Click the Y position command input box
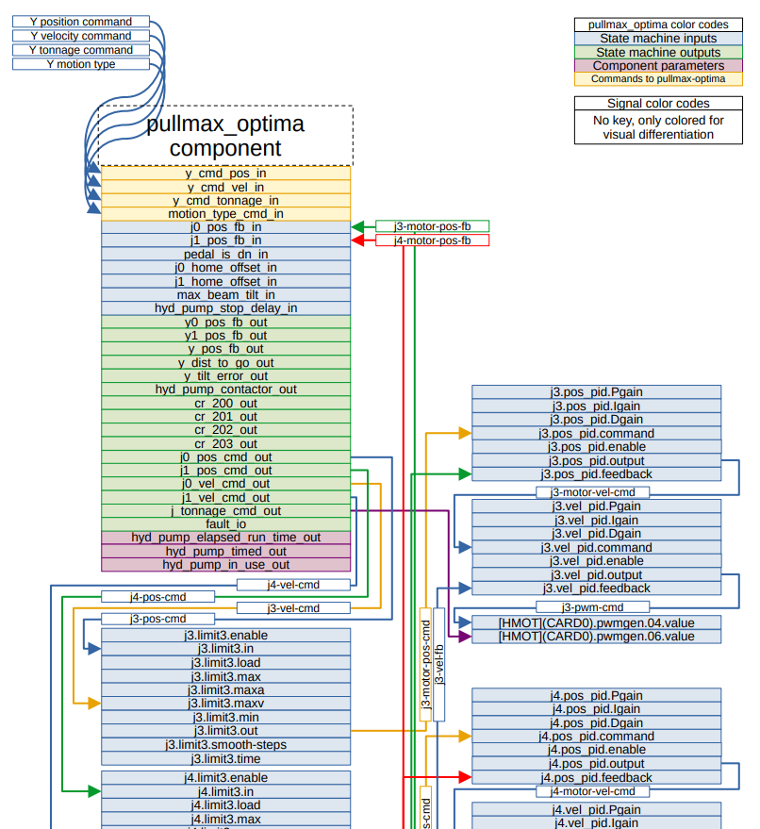tap(81, 22)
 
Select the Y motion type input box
tap(81, 64)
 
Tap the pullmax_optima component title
tap(225, 136)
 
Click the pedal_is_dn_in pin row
tap(225, 254)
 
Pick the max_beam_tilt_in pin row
tap(225, 294)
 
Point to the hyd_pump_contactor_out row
tap(225, 390)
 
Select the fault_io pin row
tap(225, 524)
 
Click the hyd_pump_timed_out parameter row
tap(225, 551)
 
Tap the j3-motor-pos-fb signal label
tap(432, 226)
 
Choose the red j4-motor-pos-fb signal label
tap(432, 240)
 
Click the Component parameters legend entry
tap(658, 66)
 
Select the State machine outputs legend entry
tap(658, 53)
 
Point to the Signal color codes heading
tap(658, 104)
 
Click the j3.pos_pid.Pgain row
tap(596, 392)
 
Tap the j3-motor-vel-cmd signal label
tap(592, 492)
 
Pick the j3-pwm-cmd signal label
tap(592, 607)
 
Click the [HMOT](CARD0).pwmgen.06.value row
tap(596, 637)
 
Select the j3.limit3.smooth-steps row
tap(225, 745)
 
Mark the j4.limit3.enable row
tap(225, 778)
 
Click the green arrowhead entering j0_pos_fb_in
tap(357, 226)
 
